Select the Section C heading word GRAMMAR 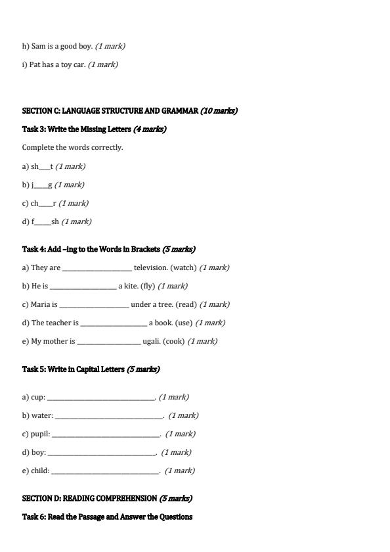177,110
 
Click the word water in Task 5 41,415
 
